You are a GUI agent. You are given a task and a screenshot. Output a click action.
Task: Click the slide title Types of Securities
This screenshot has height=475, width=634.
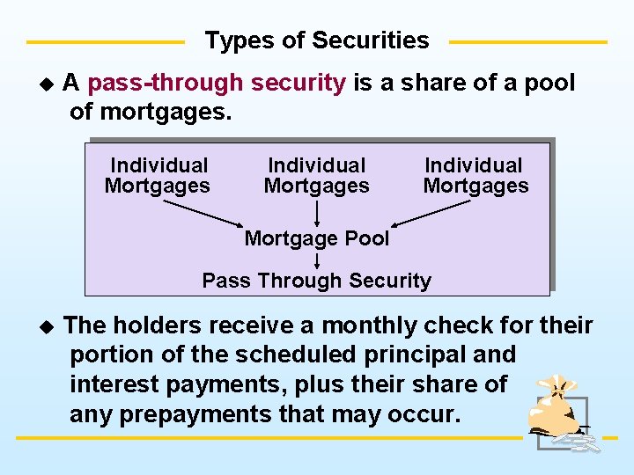317,40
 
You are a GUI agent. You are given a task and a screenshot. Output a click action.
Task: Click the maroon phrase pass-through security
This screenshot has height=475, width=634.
217,84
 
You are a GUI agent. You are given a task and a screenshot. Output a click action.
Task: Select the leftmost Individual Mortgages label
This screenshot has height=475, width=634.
158,175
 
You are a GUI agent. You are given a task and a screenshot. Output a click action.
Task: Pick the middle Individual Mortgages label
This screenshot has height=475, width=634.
317,175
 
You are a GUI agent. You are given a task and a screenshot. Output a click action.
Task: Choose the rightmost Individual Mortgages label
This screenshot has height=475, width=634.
475,175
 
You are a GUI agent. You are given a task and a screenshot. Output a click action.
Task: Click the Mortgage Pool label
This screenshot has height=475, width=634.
317,237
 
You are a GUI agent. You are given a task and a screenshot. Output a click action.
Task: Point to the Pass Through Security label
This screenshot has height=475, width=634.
317,281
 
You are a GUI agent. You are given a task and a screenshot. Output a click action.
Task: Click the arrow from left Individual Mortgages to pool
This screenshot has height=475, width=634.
203,213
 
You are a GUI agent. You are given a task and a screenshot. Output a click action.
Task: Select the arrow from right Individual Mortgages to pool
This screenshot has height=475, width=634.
431,213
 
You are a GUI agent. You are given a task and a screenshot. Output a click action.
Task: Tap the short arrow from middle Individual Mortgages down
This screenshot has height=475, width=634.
317,214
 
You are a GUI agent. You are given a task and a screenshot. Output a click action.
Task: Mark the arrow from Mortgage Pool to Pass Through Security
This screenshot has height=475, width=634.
317,259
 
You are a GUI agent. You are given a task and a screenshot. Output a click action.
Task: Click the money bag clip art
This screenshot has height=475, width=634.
557,412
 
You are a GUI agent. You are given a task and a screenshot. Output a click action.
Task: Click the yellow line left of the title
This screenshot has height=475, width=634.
106,41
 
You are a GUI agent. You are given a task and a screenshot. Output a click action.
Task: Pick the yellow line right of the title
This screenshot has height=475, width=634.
528,41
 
